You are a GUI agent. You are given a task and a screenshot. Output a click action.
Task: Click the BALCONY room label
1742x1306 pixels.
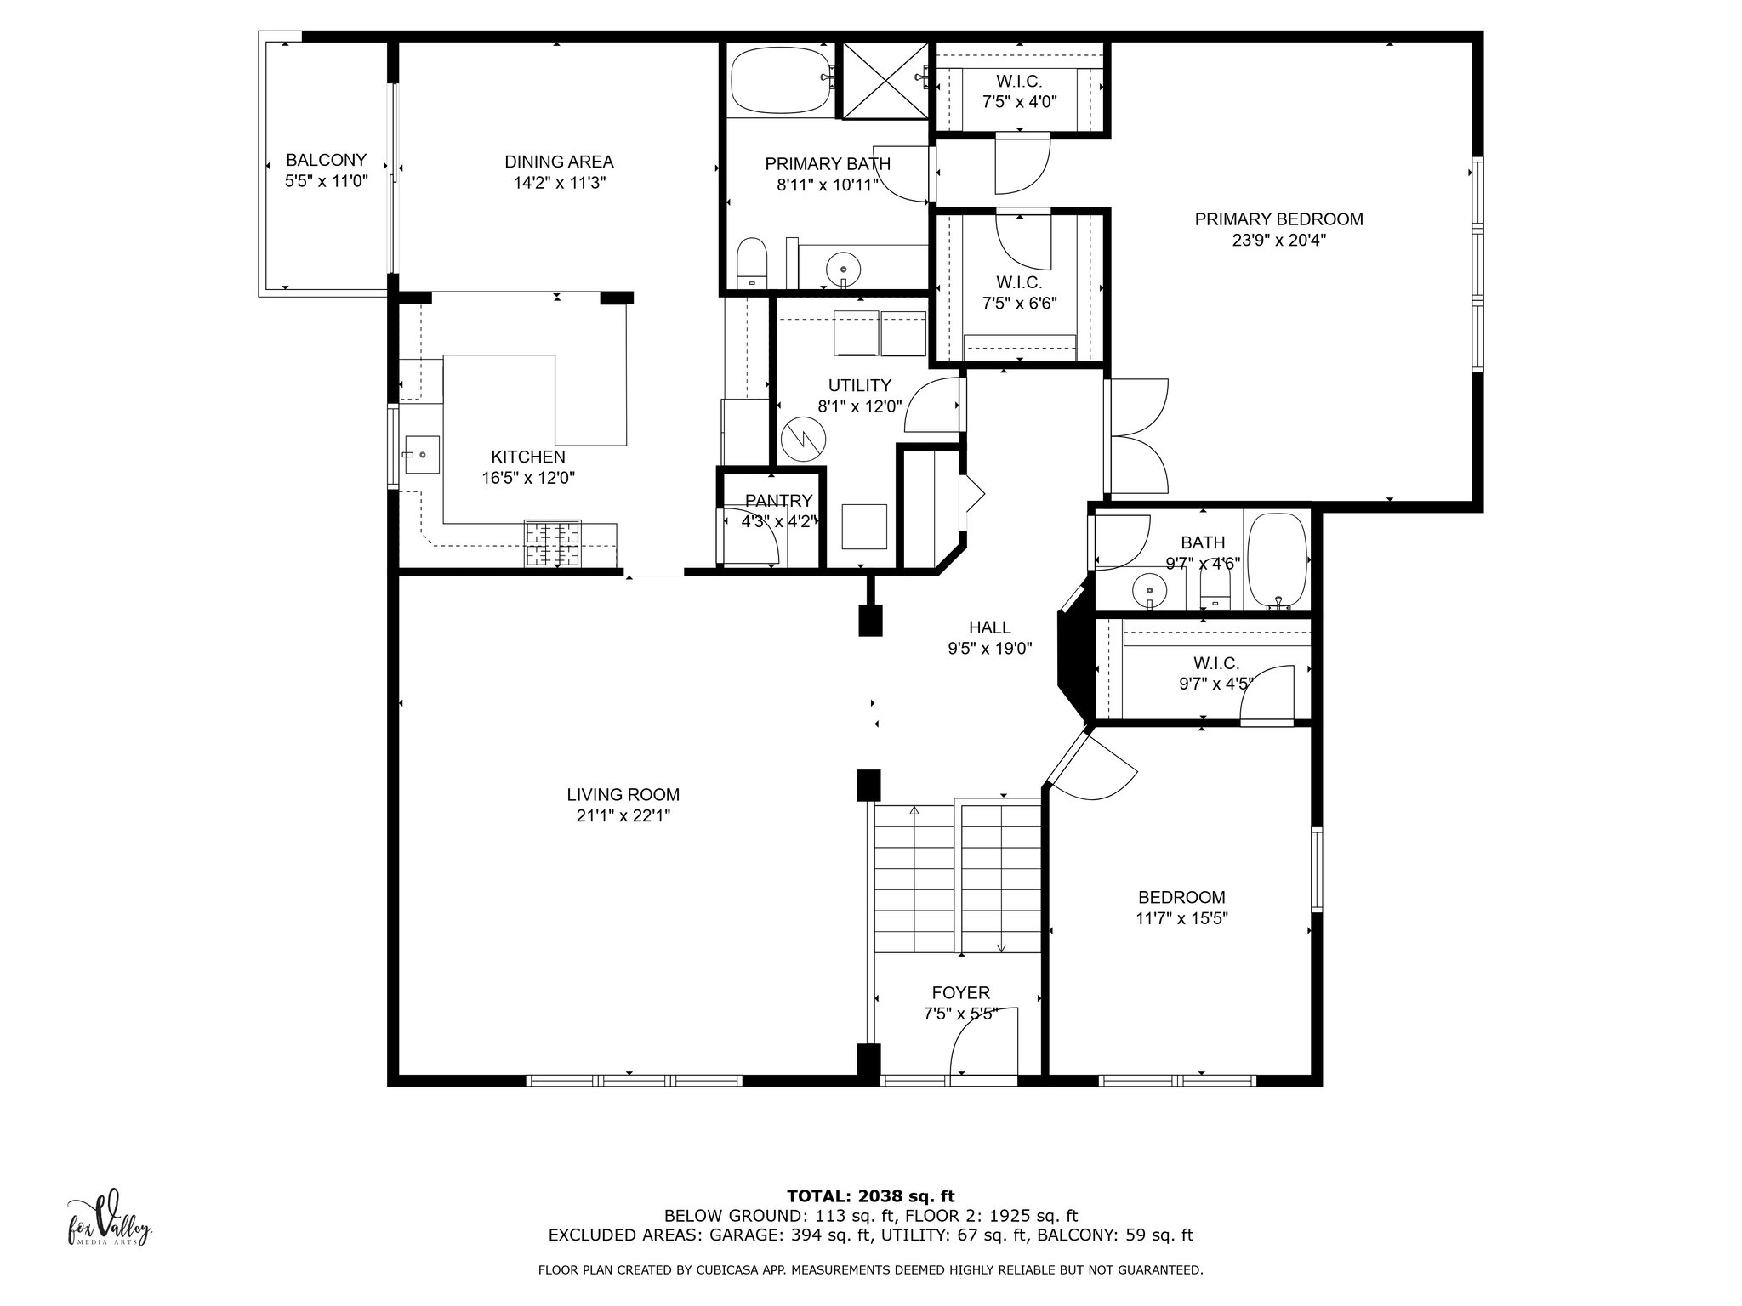(x=326, y=160)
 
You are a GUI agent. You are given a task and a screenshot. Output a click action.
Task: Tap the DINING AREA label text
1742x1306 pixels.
(x=559, y=162)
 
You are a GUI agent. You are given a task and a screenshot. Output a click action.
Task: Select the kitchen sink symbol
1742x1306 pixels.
(x=421, y=455)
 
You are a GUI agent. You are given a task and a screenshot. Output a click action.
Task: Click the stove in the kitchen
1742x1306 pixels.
(x=553, y=543)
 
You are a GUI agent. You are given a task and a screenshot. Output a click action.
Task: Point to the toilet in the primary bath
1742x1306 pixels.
(x=752, y=263)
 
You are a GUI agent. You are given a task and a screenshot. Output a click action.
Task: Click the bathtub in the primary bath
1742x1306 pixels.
(x=780, y=81)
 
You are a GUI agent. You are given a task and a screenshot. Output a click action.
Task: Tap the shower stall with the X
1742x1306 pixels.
(x=885, y=81)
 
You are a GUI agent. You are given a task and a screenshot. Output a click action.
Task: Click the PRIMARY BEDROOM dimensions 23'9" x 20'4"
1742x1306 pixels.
(x=1278, y=240)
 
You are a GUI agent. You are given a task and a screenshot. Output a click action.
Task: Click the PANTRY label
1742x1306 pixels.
(x=778, y=501)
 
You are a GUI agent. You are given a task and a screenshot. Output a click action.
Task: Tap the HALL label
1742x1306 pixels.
(x=990, y=627)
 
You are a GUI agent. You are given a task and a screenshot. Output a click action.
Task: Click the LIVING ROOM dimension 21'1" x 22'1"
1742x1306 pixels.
(x=623, y=816)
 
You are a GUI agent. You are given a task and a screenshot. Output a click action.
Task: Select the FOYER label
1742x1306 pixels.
(x=961, y=993)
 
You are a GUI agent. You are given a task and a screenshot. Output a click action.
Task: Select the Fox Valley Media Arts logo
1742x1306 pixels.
(x=110, y=1217)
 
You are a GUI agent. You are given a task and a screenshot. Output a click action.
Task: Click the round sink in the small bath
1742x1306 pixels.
(x=1150, y=588)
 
